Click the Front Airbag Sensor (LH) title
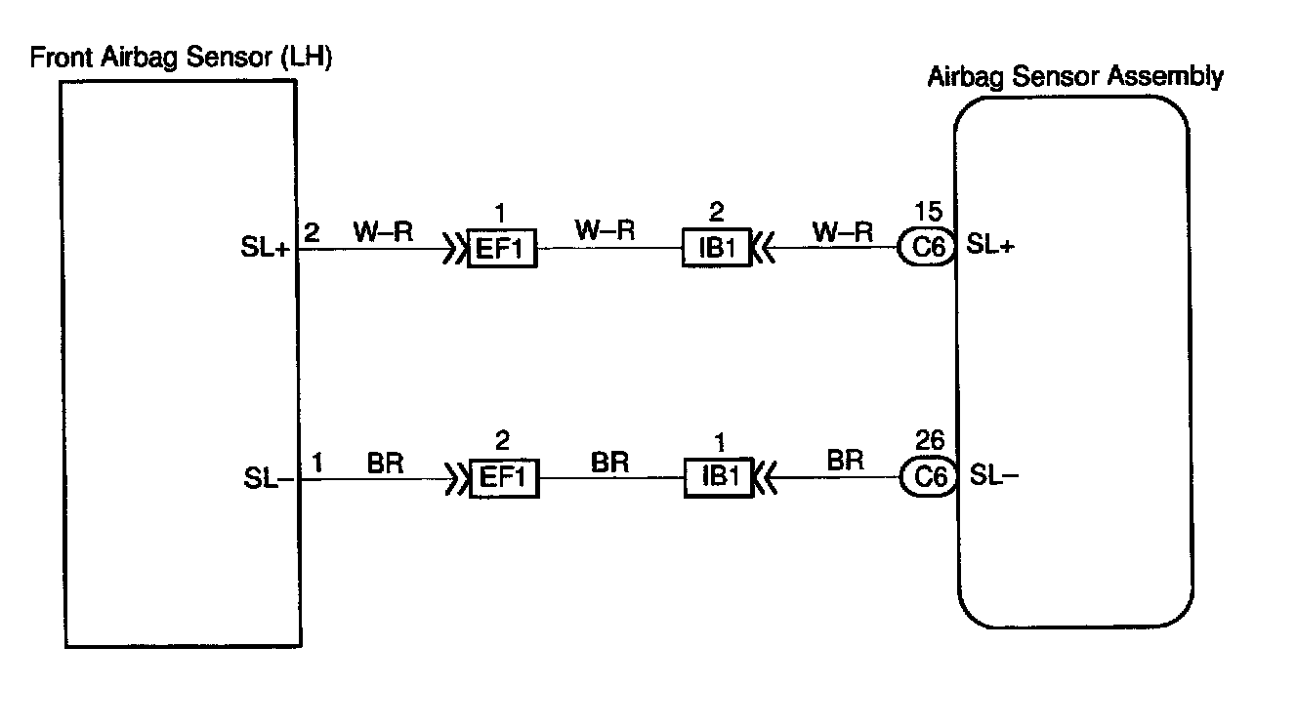point(182,58)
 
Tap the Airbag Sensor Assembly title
point(1074,76)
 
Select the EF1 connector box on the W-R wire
point(502,250)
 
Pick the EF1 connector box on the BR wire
point(503,479)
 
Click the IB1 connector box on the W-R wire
point(716,249)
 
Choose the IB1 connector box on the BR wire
point(718,478)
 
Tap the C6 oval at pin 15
point(926,248)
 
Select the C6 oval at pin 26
point(926,477)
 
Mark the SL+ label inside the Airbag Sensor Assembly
point(991,247)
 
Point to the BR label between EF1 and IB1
point(610,462)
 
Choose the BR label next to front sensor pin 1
point(386,462)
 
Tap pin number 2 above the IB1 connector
point(717,213)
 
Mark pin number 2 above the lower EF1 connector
point(502,442)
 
